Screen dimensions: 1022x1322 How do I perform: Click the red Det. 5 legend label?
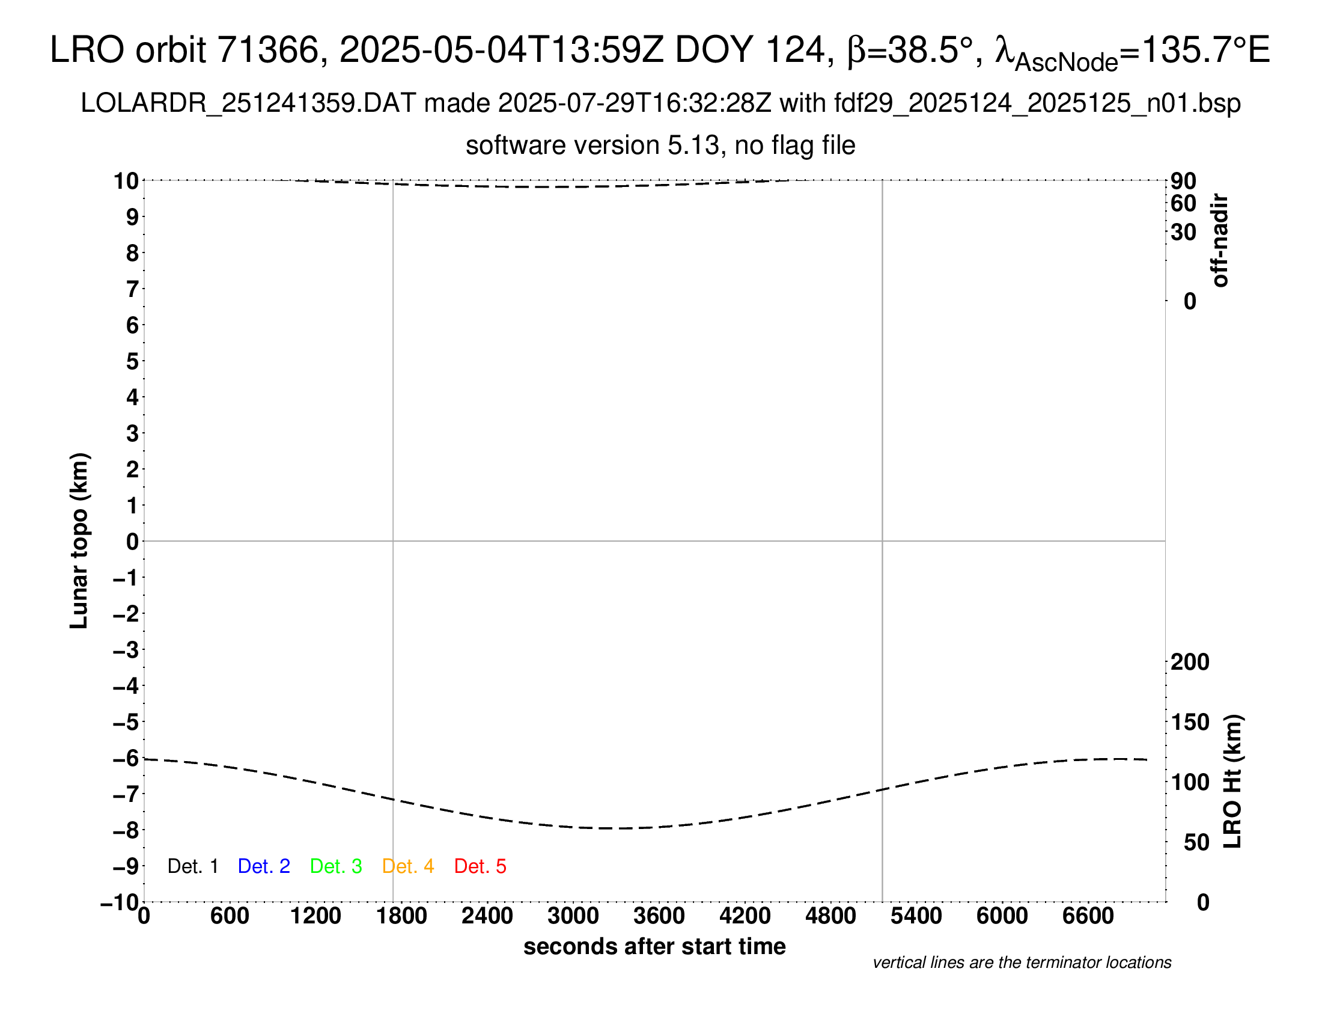pos(480,866)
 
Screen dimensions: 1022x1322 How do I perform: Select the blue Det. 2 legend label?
pos(264,866)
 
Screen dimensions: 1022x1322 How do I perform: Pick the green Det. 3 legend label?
pos(336,866)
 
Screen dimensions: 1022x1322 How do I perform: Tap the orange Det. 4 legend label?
pos(408,866)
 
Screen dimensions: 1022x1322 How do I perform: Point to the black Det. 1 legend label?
pos(192,866)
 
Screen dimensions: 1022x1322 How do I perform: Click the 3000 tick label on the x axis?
pos(573,916)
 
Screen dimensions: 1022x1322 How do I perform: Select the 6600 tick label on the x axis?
pos(1088,916)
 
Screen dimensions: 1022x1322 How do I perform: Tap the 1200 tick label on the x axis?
pos(315,916)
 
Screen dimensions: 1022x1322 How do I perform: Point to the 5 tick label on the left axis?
pos(133,361)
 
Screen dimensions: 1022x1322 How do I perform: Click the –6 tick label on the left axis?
pos(126,758)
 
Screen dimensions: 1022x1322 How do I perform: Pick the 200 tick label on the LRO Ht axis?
pos(1190,662)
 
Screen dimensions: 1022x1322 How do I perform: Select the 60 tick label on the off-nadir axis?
pos(1183,204)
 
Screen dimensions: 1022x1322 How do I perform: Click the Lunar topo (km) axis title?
pos(79,540)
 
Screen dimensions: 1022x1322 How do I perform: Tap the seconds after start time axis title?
pos(654,947)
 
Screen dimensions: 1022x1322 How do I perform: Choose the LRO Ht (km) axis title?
pos(1233,782)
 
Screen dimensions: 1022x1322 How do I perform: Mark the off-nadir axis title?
pos(1220,240)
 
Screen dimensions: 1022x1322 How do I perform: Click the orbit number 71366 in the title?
pos(268,50)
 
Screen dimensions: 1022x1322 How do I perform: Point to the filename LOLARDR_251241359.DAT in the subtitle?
pos(248,103)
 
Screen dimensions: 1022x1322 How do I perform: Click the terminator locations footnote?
pos(1022,962)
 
